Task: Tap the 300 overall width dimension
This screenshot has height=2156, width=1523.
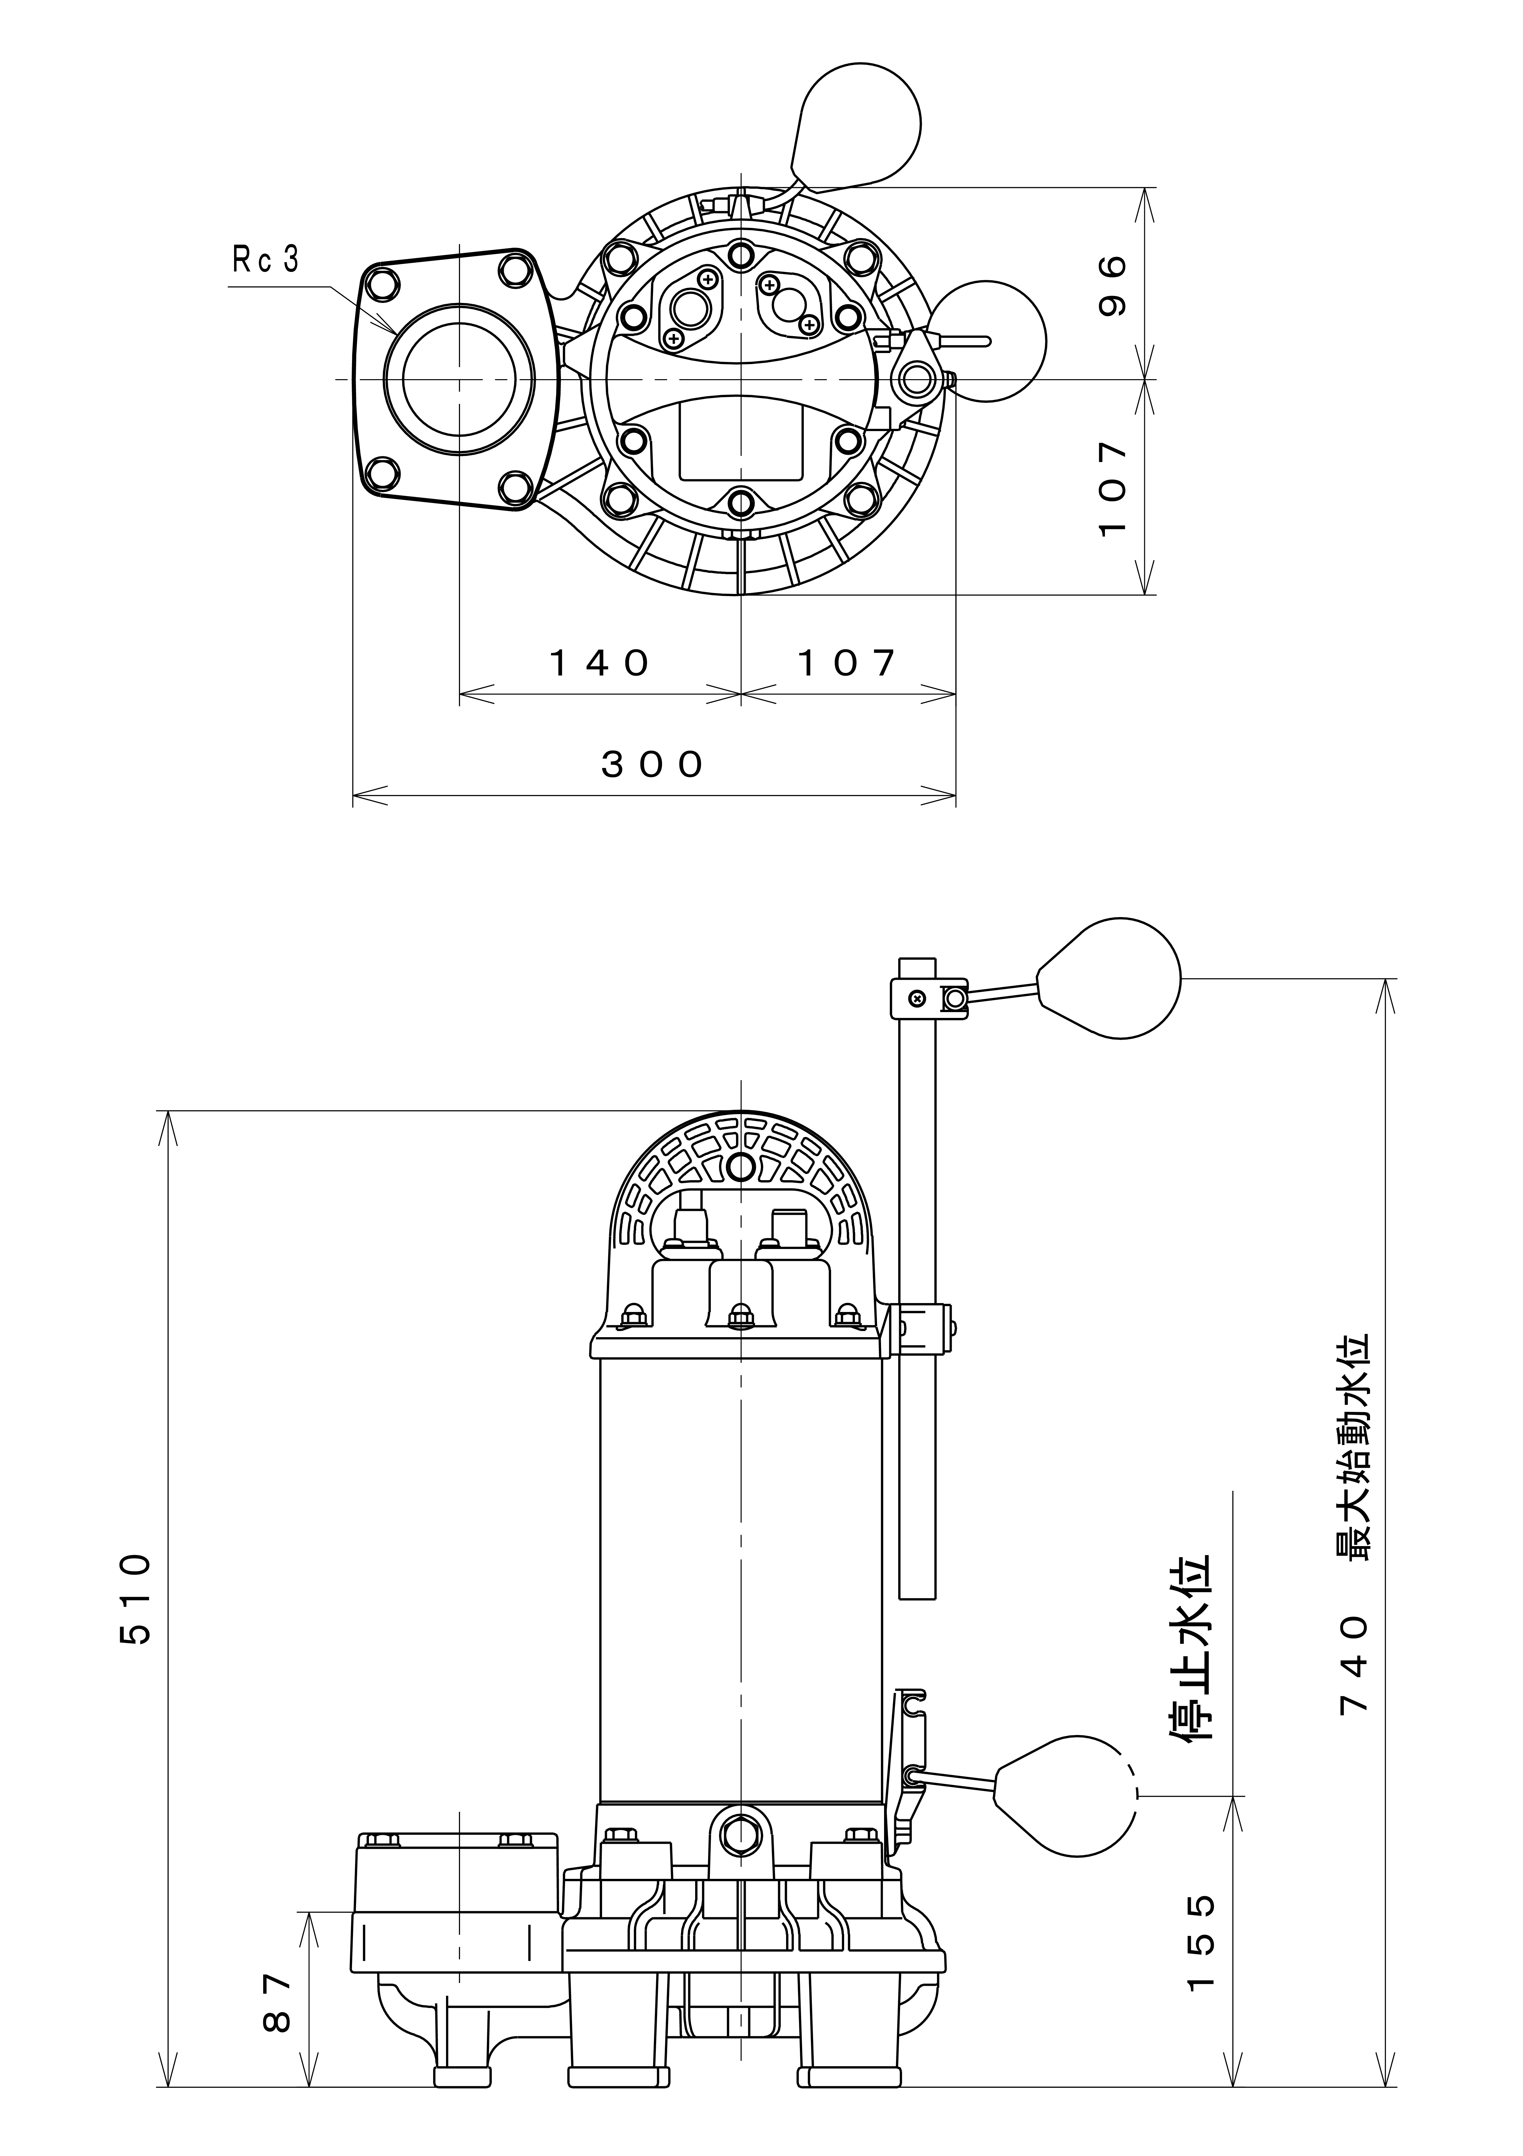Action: pos(652,765)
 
